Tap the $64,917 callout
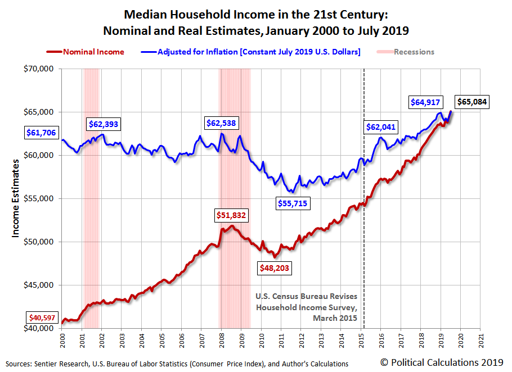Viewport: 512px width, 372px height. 426,102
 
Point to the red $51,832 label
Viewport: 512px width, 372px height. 231,215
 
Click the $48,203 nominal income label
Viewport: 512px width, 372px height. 274,268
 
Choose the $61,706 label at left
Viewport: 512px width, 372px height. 42,133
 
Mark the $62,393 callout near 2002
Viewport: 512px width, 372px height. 104,124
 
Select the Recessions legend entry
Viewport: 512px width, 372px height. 407,52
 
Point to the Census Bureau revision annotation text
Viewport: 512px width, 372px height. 306,307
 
